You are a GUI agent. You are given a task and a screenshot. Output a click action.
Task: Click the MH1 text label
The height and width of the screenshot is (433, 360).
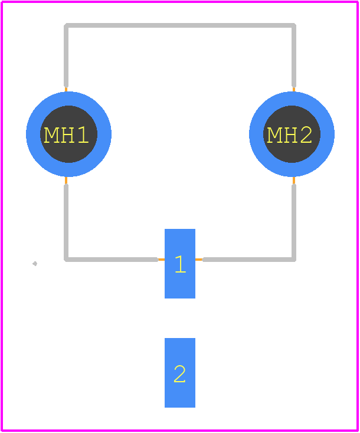point(66,135)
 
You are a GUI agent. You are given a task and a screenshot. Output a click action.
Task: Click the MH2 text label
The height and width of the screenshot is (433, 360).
point(289,135)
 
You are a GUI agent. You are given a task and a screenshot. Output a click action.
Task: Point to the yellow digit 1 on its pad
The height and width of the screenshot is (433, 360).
point(181,264)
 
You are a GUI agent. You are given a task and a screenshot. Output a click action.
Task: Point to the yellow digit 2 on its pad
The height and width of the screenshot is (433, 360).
point(179,374)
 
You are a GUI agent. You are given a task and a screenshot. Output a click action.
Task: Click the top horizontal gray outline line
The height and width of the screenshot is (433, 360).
point(180,25)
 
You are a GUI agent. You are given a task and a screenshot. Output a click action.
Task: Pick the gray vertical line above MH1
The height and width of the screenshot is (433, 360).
point(66,55)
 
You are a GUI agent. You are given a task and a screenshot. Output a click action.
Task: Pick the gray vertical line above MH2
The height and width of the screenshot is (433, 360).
point(294,55)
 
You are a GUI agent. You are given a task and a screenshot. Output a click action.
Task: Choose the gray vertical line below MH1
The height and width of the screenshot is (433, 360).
point(66,222)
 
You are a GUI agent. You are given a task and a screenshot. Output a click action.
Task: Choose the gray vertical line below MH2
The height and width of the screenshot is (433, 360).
point(294,222)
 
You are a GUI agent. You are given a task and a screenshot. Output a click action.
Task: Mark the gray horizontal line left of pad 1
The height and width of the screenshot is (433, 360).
point(111,260)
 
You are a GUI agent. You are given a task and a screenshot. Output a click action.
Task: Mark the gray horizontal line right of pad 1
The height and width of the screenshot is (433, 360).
point(249,260)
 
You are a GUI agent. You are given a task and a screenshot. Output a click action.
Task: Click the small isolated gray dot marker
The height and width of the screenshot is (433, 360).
point(35,264)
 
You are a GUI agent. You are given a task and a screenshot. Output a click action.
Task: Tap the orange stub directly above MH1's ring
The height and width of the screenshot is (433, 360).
point(66,90)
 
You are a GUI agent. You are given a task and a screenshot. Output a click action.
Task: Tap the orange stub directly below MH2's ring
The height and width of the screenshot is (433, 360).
point(294,181)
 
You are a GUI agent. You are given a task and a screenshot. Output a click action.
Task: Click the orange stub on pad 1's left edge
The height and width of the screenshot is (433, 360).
point(161,260)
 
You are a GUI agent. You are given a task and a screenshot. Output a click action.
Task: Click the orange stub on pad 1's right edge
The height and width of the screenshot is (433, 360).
point(199,260)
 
